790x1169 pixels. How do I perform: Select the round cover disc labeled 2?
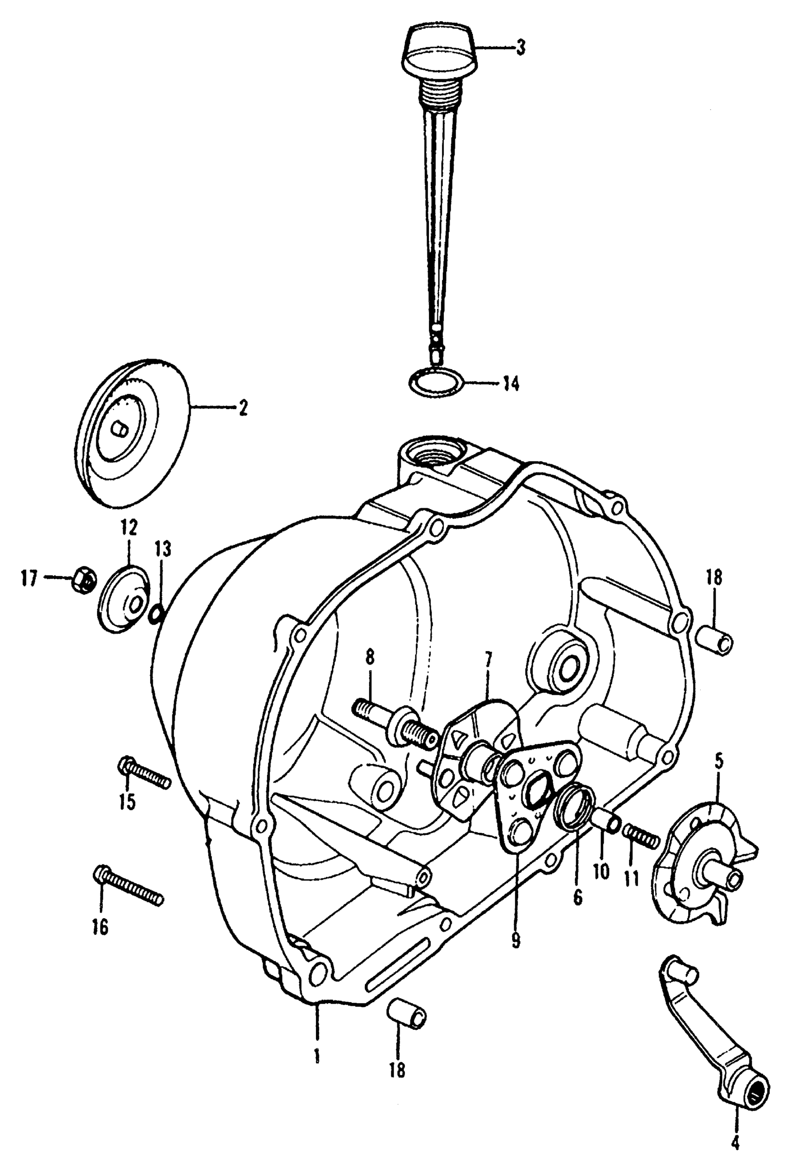[x=134, y=432]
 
